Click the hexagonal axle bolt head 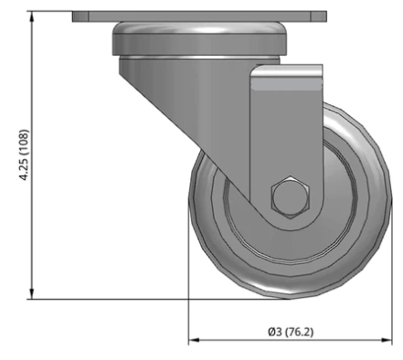coord(291,197)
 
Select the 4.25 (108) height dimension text coord(24,155)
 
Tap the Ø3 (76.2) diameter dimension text coord(291,332)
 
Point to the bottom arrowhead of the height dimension coord(32,294)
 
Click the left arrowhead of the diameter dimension coord(194,340)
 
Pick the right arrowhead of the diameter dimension coord(387,340)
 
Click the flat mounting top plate coord(199,16)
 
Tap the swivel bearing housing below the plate coord(199,38)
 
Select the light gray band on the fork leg coord(287,86)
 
